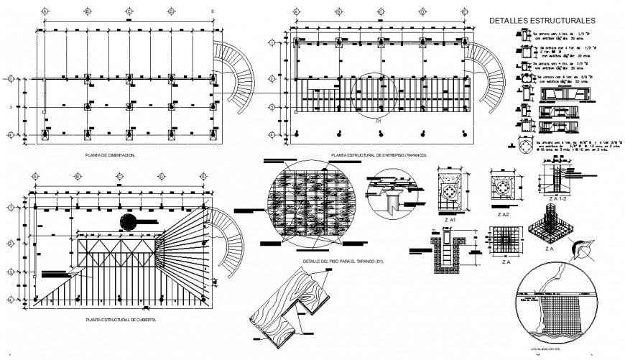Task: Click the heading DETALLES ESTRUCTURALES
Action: pos(542,21)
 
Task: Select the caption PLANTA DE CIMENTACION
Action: pos(110,155)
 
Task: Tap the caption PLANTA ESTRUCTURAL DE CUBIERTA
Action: pos(120,319)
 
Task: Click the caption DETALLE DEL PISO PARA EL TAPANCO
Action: pos(343,261)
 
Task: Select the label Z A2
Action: pos(502,213)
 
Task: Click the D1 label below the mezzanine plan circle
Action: pos(379,121)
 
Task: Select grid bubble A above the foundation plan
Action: pos(45,12)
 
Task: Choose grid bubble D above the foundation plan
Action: pos(171,12)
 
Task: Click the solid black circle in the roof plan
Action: pos(129,221)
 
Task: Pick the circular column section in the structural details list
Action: pos(526,147)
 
